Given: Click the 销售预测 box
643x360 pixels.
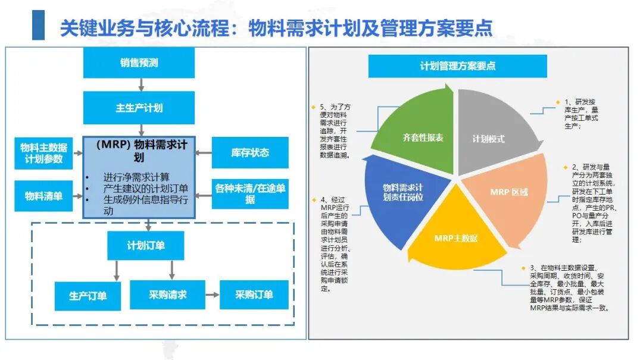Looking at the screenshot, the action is point(139,62).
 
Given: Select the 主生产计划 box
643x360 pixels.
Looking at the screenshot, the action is point(139,108).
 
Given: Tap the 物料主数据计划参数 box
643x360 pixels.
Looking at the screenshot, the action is point(43,154).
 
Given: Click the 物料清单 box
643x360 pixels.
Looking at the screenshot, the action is point(43,196).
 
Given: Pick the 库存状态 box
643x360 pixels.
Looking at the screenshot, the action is point(250,152).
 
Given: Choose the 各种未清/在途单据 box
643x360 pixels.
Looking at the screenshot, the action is point(250,193).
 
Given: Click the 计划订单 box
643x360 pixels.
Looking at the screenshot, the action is point(146,246).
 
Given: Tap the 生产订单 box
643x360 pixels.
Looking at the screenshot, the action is point(88,296).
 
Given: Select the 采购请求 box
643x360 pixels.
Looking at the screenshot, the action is point(167,295).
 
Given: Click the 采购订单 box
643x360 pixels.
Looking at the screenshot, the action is point(254,295).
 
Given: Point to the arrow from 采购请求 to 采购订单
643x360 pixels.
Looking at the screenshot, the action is point(213,295).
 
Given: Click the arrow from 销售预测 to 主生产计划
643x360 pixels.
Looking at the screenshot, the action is point(141,84).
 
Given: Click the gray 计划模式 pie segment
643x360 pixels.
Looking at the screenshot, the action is point(492,132).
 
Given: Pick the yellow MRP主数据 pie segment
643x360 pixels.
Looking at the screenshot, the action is point(456,234).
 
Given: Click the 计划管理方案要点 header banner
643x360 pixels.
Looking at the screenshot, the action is point(458,66).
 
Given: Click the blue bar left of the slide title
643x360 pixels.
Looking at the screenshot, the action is point(38,25).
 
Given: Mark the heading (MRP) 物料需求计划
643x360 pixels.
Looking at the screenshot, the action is point(139,151).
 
